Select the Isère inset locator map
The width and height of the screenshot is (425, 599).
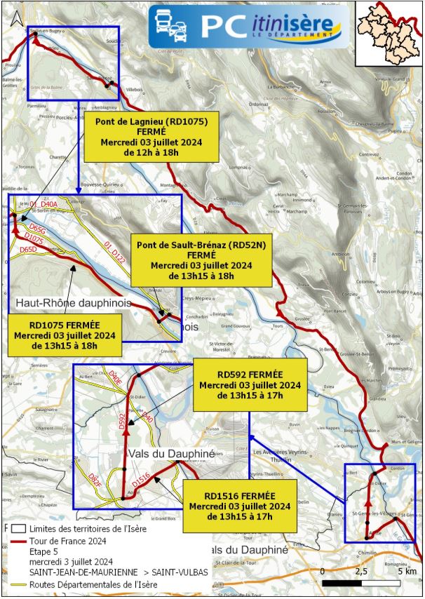[x=390, y=34]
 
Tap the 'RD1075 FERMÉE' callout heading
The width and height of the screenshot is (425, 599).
[x=65, y=325]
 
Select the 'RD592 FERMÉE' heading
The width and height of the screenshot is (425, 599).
[x=250, y=375]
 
